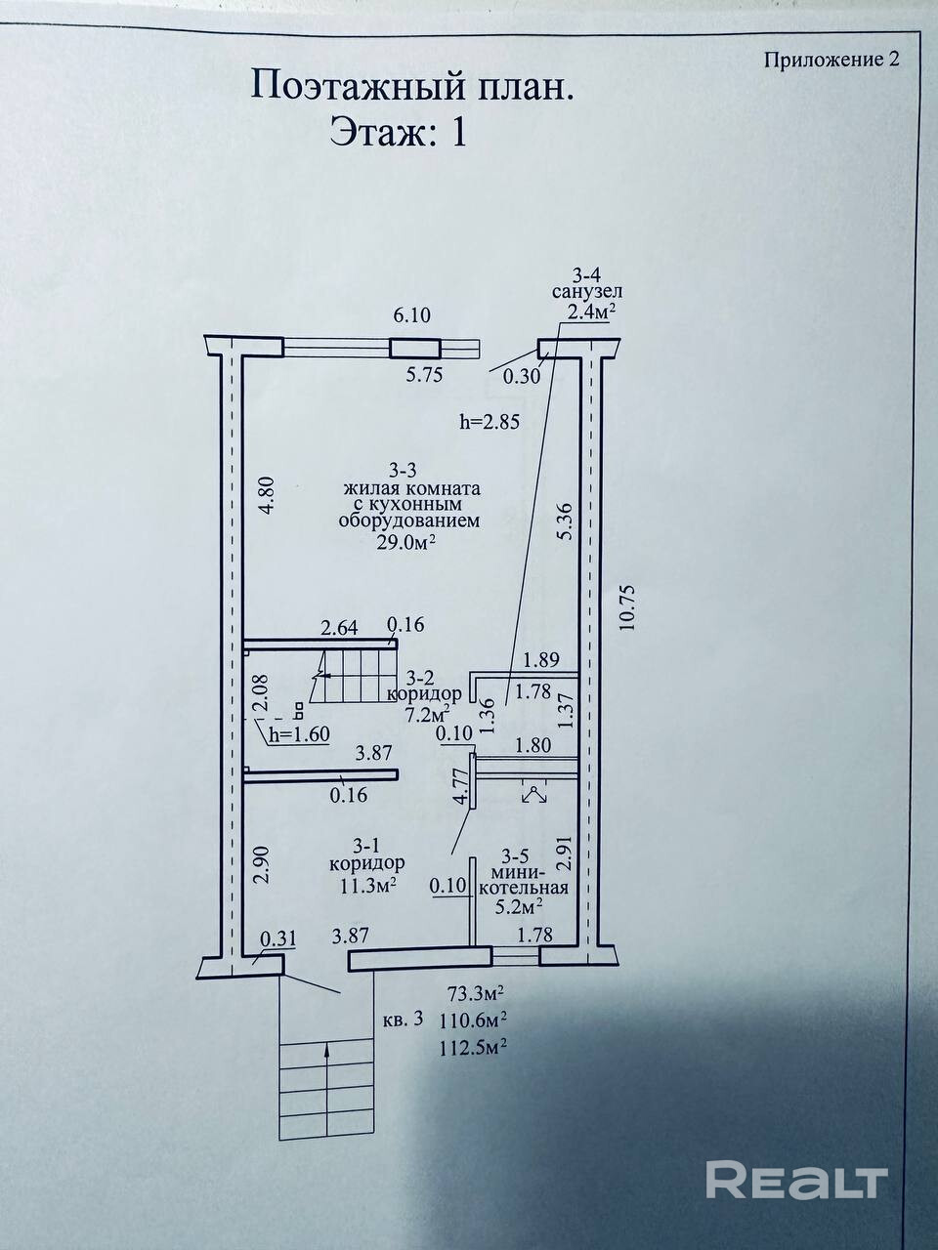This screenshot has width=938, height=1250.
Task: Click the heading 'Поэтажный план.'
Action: (x=411, y=85)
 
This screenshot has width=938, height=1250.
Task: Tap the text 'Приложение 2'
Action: (x=831, y=59)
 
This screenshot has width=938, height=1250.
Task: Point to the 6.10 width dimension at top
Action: (x=412, y=315)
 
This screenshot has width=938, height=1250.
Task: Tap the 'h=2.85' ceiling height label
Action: (x=488, y=422)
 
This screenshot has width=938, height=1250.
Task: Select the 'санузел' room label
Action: (x=586, y=291)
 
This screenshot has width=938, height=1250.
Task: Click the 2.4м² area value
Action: (x=583, y=312)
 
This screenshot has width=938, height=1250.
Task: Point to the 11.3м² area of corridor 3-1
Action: (x=367, y=885)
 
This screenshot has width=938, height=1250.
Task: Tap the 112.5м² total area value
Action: (x=475, y=1047)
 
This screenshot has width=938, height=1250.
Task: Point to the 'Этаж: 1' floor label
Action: (x=398, y=130)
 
